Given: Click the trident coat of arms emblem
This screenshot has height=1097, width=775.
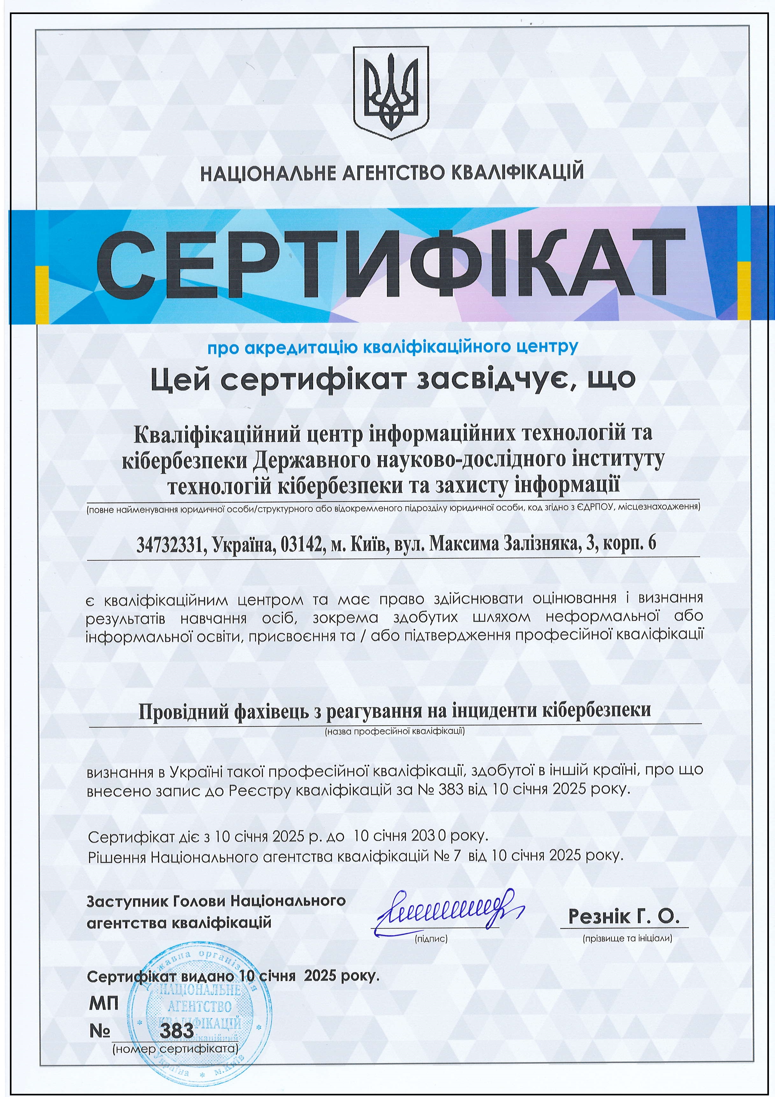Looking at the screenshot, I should click(390, 93).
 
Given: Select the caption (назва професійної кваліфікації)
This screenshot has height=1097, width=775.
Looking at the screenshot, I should click(395, 731).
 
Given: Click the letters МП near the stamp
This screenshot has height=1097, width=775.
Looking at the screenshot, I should click(103, 1003).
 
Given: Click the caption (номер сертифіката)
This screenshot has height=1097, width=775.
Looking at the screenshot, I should click(175, 1049).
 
